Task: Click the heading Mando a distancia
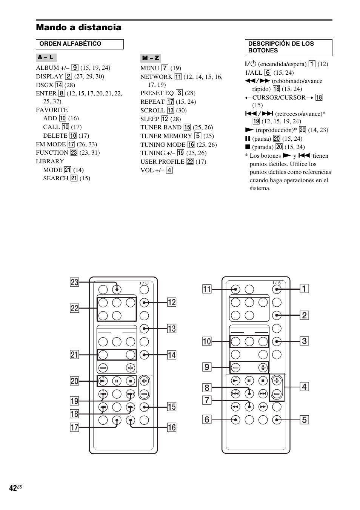click(78, 27)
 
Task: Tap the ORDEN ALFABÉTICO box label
click(70, 44)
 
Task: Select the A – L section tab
click(46, 58)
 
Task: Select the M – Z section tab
click(151, 58)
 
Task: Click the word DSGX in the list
click(45, 85)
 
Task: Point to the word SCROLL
click(152, 110)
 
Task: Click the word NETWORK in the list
click(156, 77)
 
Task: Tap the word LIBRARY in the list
click(50, 161)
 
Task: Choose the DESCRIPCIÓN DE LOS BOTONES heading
click(281, 47)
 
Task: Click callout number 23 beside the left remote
click(74, 282)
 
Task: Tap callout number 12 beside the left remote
click(172, 302)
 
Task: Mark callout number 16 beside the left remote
click(172, 427)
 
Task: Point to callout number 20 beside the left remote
click(74, 381)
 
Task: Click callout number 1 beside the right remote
click(304, 289)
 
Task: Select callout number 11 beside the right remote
click(207, 289)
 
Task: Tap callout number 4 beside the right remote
click(304, 387)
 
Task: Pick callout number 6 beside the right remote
click(207, 419)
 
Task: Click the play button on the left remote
click(103, 381)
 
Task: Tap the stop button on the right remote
click(263, 381)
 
